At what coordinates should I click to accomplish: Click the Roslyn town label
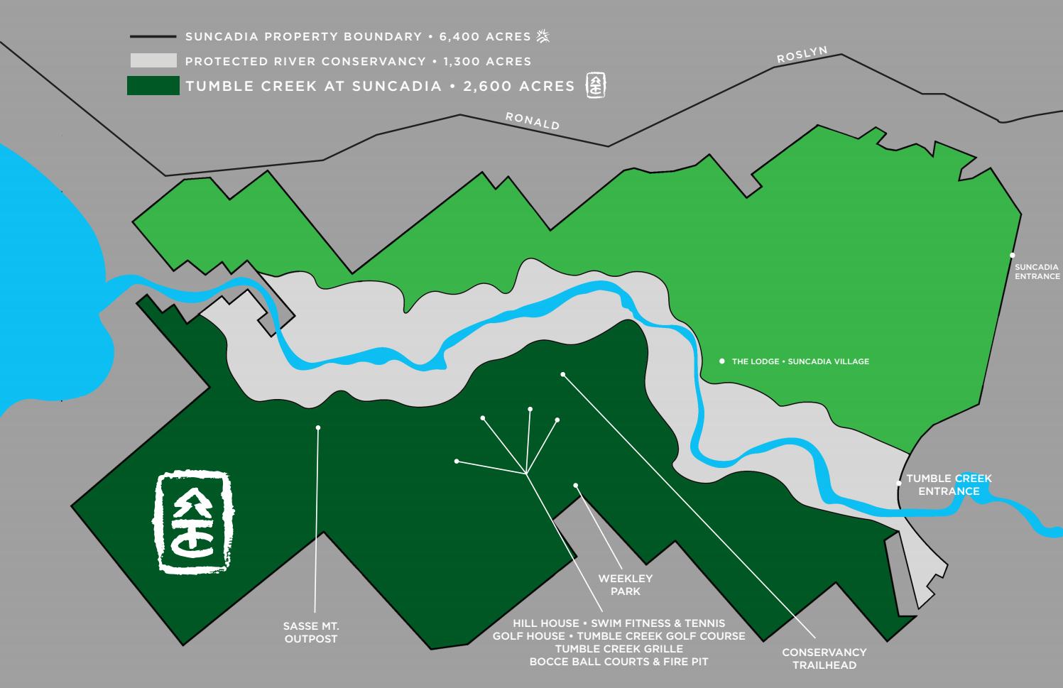pos(802,55)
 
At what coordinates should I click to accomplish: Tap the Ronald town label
pos(533,120)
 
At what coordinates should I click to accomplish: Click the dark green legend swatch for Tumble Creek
pos(153,86)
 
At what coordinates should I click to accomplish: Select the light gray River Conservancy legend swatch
pos(153,61)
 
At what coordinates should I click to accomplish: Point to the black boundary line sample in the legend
pos(153,36)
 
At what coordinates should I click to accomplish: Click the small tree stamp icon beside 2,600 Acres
pos(595,86)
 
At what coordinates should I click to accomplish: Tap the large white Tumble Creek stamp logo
pos(194,522)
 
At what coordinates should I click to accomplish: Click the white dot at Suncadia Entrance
pos(1013,255)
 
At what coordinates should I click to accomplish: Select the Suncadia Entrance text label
pos(1037,272)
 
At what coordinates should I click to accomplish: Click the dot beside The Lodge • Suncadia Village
pos(722,361)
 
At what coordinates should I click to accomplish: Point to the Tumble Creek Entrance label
pos(949,485)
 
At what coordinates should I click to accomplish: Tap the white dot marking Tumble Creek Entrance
pos(899,483)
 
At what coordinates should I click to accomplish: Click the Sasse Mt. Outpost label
pos(311,633)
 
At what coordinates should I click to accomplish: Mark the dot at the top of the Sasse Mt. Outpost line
pos(318,427)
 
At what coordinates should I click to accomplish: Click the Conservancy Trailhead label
pos(824,659)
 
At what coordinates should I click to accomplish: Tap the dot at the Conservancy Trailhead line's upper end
pos(563,374)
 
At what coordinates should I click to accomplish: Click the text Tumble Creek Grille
pos(619,649)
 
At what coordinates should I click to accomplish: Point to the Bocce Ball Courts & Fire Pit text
pos(619,662)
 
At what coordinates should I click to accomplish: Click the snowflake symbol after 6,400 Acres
pos(543,36)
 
